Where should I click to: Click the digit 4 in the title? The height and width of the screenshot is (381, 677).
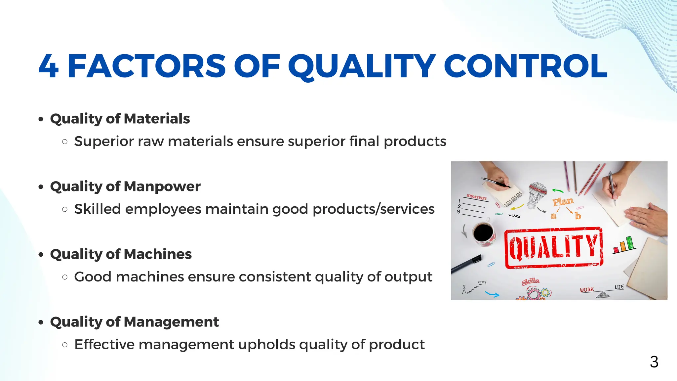(x=49, y=66)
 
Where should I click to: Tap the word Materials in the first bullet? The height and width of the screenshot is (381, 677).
(x=157, y=119)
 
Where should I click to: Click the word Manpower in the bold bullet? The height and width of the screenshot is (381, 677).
(x=162, y=187)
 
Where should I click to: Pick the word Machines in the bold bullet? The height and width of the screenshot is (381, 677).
(x=158, y=254)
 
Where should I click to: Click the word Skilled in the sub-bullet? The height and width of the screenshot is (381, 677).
(x=98, y=209)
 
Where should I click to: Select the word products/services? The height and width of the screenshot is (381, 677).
(x=374, y=209)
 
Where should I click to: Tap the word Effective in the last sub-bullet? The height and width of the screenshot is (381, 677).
(x=104, y=345)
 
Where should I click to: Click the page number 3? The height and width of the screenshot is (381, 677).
(x=654, y=362)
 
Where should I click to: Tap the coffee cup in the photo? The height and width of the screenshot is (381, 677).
(x=484, y=233)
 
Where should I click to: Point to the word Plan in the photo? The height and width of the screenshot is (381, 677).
(x=563, y=201)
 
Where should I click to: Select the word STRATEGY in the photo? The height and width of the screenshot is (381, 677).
(x=477, y=197)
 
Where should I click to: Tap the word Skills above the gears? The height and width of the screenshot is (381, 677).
(x=531, y=281)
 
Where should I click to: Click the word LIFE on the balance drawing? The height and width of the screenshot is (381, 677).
(x=619, y=287)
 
